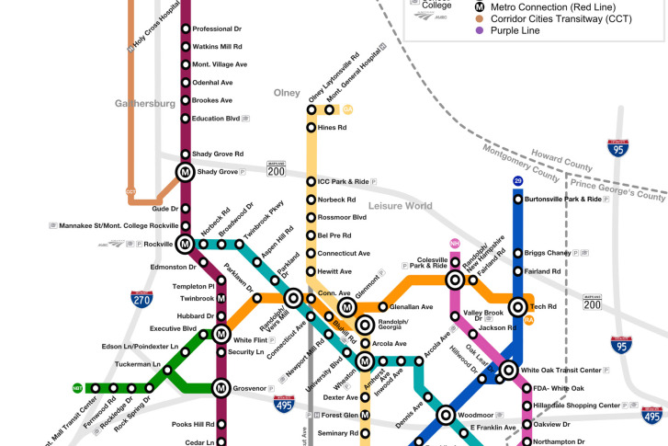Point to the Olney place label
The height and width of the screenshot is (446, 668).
(287, 93)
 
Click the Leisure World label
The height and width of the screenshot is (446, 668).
(400, 206)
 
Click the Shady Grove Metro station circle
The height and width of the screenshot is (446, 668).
(185, 172)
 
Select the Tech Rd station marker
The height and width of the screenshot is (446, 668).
(517, 306)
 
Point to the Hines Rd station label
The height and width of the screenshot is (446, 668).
(332, 128)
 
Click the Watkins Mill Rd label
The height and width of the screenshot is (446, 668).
(217, 46)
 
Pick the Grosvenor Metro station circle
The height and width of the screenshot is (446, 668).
(221, 388)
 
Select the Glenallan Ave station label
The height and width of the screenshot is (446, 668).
(411, 307)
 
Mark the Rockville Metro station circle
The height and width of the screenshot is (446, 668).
(185, 244)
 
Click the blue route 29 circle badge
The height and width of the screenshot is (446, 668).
(517, 181)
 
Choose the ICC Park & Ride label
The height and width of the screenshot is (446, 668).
(343, 182)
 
